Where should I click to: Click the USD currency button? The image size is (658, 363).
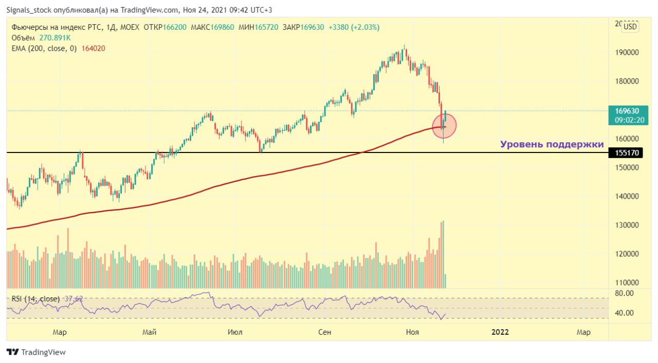[630, 27]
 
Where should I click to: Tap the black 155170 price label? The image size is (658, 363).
[624, 153]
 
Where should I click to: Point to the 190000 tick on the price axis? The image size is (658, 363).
[624, 52]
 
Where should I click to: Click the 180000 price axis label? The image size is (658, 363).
[624, 81]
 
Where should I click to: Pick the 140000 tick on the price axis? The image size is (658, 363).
[624, 196]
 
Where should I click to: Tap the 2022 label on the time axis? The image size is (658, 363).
[500, 332]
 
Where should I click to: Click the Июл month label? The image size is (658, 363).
[235, 332]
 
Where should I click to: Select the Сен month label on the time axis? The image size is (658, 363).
[324, 332]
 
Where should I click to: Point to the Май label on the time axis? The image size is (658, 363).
[149, 332]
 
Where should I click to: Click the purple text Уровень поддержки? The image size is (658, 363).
[552, 144]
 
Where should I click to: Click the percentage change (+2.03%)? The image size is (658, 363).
[365, 27]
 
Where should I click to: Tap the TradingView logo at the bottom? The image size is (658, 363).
[36, 352]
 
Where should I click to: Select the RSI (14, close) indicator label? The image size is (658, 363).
[34, 299]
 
